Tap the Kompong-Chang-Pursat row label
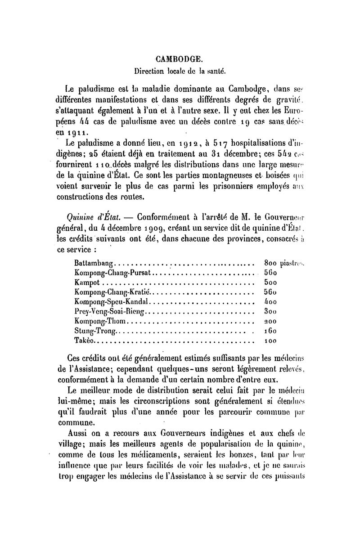pyautogui.click(x=114, y=273)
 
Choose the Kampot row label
pyautogui.click(x=88, y=282)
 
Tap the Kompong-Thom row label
pyautogui.click(x=101, y=321)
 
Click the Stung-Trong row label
pyautogui.click(x=94, y=331)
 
